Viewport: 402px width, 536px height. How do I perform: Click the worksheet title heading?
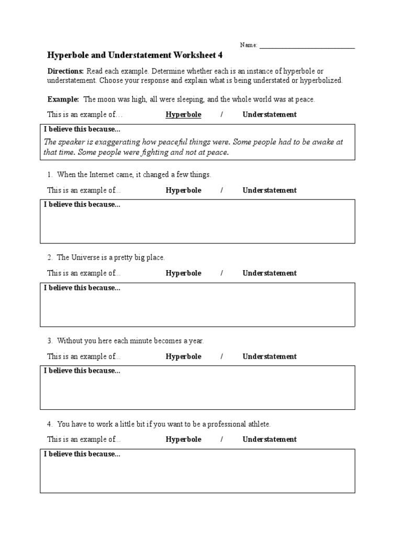[139, 54]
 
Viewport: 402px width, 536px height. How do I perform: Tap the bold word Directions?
[65, 71]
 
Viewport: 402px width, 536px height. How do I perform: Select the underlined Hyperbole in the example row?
[183, 115]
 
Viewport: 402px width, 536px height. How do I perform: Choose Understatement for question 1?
[270, 191]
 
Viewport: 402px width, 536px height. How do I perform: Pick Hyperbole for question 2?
[183, 273]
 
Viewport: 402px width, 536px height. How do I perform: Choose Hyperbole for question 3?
[183, 356]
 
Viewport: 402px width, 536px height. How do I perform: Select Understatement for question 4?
[270, 440]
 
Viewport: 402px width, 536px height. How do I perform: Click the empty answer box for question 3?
[197, 392]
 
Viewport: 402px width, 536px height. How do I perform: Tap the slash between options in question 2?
[222, 273]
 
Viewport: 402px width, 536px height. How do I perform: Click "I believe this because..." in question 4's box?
[82, 454]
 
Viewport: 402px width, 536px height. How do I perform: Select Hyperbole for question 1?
[183, 191]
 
